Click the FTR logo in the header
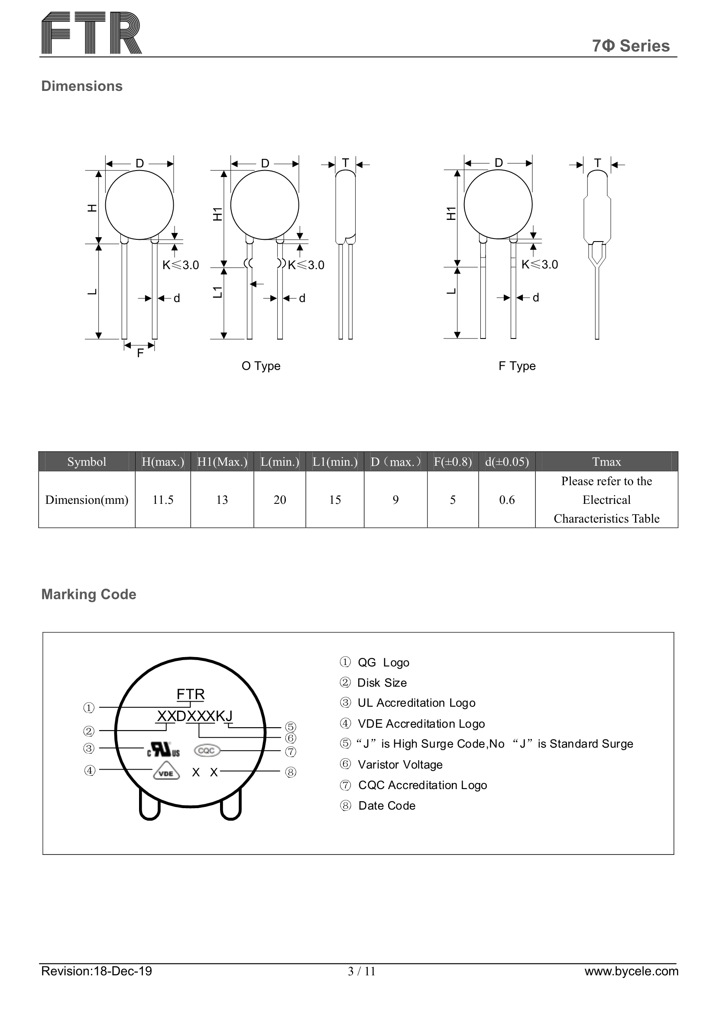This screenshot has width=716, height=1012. tap(91, 33)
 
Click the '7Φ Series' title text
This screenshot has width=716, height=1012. tap(630, 46)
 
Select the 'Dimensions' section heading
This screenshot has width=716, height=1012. tap(81, 86)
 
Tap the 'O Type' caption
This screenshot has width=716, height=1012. tap(261, 366)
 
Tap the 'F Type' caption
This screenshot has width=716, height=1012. tap(517, 366)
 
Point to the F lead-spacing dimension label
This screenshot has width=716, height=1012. tap(140, 353)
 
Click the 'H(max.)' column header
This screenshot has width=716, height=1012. tap(163, 461)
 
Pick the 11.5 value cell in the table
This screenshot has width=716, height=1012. tap(163, 500)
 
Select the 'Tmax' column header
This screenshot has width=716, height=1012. tap(606, 461)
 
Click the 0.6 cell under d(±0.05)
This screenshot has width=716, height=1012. tap(506, 500)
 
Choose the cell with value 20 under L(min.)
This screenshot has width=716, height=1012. tap(280, 500)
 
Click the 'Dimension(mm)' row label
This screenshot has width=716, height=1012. tap(87, 500)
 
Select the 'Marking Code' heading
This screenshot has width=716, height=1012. tap(89, 594)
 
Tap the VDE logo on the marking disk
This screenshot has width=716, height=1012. tap(166, 772)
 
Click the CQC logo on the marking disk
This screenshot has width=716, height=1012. tap(207, 750)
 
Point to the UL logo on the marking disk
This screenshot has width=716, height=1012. tap(163, 749)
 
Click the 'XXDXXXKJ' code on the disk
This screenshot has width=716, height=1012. tap(194, 716)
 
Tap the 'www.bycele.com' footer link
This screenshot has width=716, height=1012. tap(631, 971)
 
